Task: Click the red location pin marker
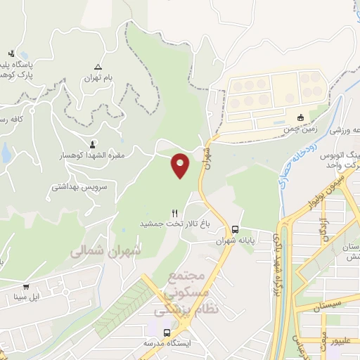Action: [x=180, y=165]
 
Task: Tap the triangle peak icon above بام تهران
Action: [x=98, y=64]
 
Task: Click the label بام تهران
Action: [x=98, y=76]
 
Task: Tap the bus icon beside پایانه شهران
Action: [x=235, y=229]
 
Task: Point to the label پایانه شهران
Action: [x=235, y=240]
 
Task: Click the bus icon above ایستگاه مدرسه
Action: [x=167, y=332]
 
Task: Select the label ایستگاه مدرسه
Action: [x=169, y=343]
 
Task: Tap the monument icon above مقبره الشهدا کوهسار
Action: [x=94, y=143]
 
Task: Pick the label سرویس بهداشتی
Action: [x=79, y=188]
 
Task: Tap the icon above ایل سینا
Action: [x=27, y=287]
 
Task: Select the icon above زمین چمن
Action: [x=300, y=117]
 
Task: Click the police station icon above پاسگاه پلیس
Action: [x=11, y=53]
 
